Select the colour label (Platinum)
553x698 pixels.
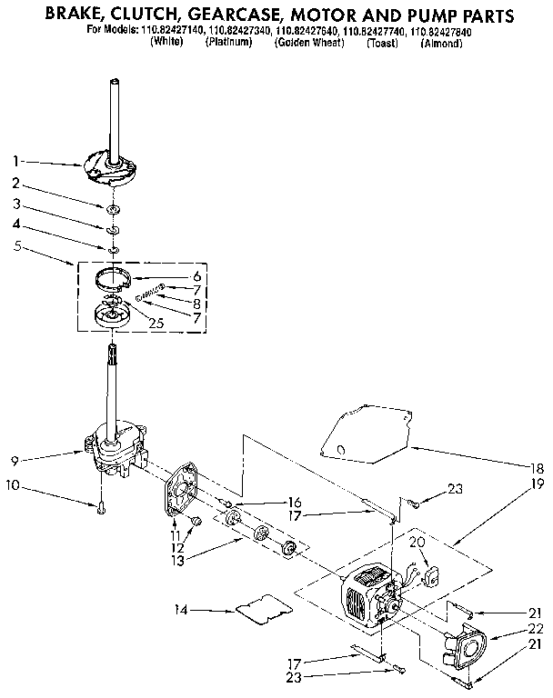point(228,43)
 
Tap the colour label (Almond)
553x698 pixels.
point(442,43)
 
